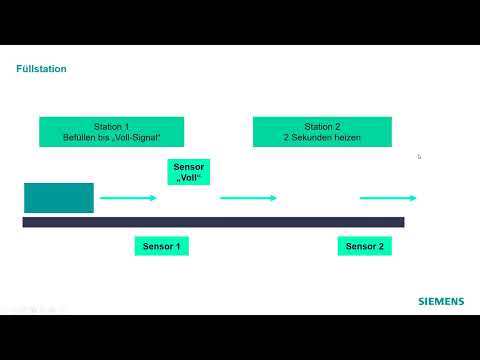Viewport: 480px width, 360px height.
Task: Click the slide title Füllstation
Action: click(x=41, y=69)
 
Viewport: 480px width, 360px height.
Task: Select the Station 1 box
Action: click(x=113, y=132)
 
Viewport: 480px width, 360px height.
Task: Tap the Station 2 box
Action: click(x=322, y=132)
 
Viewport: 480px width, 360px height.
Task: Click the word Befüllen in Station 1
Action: click(x=80, y=137)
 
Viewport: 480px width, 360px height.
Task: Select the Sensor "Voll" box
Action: click(x=189, y=173)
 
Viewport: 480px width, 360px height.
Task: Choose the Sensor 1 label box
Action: click(x=161, y=246)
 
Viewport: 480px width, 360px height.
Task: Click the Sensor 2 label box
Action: click(x=363, y=246)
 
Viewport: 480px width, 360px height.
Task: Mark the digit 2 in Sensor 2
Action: click(x=378, y=246)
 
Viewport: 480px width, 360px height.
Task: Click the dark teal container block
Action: click(x=59, y=198)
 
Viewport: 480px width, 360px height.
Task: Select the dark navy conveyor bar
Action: click(x=213, y=222)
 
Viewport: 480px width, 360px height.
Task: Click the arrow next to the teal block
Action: click(x=128, y=198)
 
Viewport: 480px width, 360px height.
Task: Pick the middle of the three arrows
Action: click(x=248, y=198)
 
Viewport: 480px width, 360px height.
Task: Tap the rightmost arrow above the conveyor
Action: click(x=387, y=198)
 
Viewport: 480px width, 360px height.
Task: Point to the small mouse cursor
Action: click(x=419, y=156)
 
